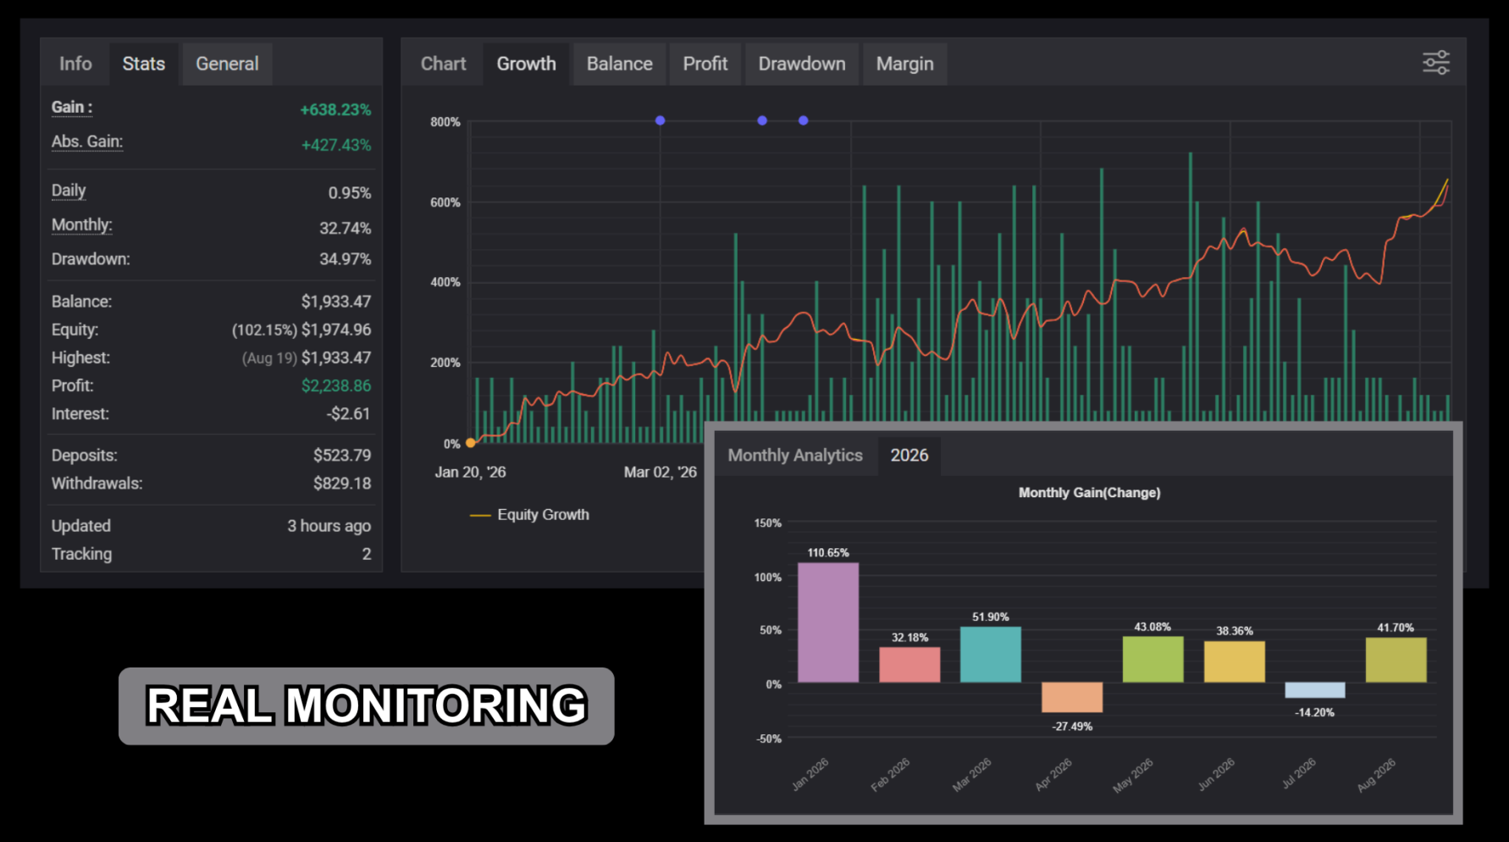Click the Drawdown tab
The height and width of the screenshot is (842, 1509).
click(801, 64)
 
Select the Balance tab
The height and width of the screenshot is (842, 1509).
click(619, 64)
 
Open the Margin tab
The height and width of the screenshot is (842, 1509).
click(904, 64)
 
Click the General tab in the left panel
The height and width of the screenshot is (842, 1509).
click(227, 64)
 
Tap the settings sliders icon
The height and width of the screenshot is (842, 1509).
click(1435, 63)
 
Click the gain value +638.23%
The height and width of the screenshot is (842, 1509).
click(335, 110)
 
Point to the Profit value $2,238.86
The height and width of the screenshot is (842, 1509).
click(336, 386)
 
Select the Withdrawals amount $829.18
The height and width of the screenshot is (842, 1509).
click(342, 484)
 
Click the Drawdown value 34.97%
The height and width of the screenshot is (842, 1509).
click(345, 259)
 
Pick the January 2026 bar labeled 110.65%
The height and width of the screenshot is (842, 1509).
click(828, 623)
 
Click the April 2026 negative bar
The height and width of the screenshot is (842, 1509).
click(1072, 697)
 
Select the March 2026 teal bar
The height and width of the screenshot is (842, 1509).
click(991, 655)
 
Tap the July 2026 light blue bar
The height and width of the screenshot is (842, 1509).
click(1315, 690)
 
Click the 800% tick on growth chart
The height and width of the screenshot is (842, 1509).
click(445, 122)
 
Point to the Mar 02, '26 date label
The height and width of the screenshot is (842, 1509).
click(661, 473)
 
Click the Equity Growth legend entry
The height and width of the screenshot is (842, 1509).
click(529, 515)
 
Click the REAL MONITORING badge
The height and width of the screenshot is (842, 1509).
click(367, 706)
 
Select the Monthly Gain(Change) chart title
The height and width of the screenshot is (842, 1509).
click(1089, 493)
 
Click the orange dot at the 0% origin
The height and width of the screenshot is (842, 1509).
click(471, 443)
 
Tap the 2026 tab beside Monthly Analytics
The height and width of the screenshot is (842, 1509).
click(909, 456)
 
